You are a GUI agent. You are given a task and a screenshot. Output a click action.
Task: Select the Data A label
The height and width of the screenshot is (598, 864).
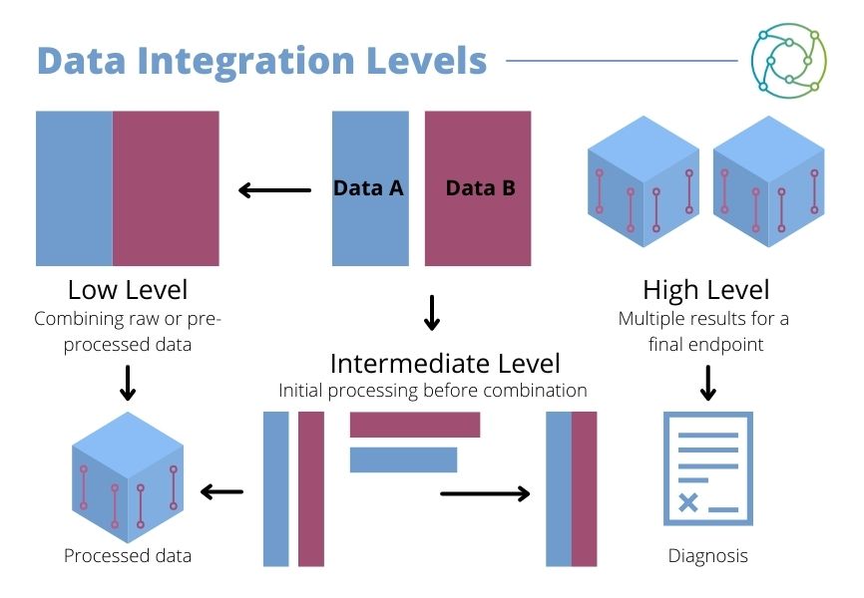(x=368, y=187)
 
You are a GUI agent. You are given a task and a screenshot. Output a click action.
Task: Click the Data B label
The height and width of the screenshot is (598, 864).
(x=480, y=187)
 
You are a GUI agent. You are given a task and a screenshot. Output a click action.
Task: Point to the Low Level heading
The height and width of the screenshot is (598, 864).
(x=128, y=290)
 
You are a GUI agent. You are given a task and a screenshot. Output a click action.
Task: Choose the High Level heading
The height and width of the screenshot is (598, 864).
(x=705, y=290)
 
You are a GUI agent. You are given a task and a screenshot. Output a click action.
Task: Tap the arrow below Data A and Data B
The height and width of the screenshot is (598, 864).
(x=431, y=312)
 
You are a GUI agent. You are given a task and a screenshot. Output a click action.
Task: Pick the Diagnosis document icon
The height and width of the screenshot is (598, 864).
(x=707, y=468)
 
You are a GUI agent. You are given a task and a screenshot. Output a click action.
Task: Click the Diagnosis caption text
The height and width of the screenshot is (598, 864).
(x=707, y=556)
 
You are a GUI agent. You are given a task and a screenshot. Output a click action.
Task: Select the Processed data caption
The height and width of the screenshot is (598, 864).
(x=128, y=556)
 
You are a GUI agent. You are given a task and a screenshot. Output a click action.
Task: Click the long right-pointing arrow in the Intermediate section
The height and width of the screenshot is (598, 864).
(x=485, y=493)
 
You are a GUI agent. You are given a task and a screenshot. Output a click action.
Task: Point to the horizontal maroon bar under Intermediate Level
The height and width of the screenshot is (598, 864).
(x=414, y=425)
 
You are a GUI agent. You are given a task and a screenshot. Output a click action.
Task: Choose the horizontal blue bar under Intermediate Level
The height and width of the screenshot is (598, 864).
(x=403, y=459)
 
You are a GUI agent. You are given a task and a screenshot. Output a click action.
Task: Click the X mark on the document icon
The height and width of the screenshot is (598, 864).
(x=687, y=503)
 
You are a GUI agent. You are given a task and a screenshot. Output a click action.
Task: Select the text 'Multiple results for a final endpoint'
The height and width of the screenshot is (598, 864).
(x=703, y=331)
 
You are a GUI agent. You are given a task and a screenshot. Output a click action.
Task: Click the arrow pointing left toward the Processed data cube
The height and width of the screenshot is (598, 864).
(x=222, y=490)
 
